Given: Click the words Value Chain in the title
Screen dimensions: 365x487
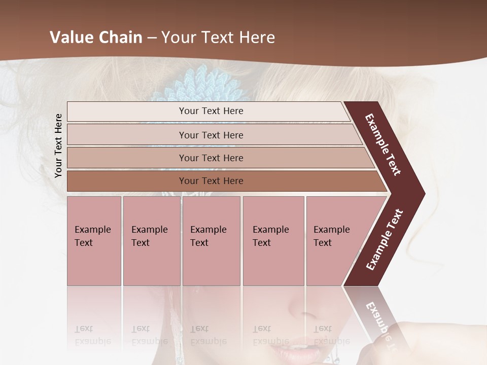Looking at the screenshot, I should pyautogui.click(x=96, y=38).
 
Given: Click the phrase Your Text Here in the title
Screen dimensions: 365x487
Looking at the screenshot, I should pyautogui.click(x=218, y=38).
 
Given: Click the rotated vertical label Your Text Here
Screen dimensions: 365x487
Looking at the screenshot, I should pyautogui.click(x=58, y=145).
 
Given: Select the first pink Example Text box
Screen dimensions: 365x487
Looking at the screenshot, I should pyautogui.click(x=94, y=241).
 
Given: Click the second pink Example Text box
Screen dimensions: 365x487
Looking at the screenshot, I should pyautogui.click(x=151, y=241).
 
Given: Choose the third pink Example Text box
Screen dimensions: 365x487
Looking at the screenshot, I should pyautogui.click(x=211, y=241).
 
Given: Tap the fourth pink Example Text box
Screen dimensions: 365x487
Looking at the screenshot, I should pyautogui.click(x=273, y=241).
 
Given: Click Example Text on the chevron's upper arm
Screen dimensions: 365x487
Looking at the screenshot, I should pyautogui.click(x=383, y=144).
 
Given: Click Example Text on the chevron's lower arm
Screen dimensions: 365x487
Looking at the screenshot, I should pyautogui.click(x=385, y=240).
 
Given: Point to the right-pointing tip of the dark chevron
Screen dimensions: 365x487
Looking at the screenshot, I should pyautogui.click(x=423, y=194).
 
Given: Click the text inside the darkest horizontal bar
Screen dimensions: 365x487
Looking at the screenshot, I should pyautogui.click(x=211, y=181).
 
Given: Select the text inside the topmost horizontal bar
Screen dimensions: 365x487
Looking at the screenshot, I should pyautogui.click(x=211, y=111).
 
